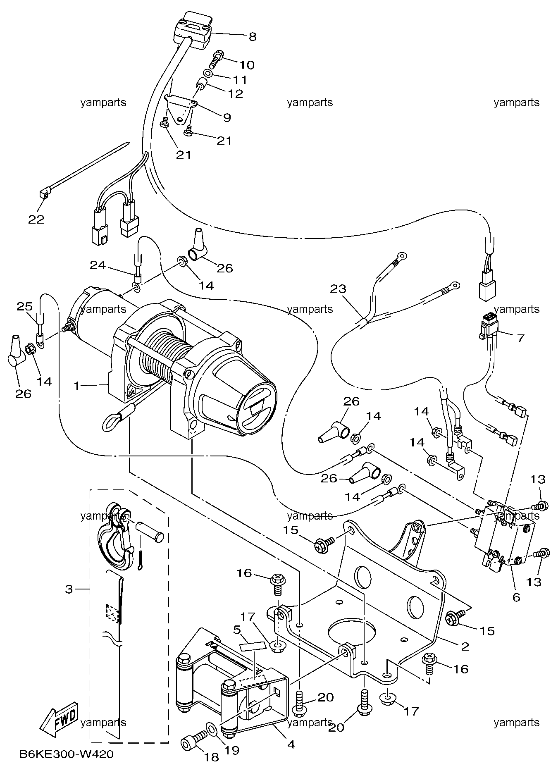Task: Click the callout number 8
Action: [x=252, y=37]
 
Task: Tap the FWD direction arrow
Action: [x=59, y=719]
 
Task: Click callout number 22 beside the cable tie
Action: [x=36, y=219]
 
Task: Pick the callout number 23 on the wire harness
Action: [x=338, y=289]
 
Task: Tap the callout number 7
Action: [x=520, y=338]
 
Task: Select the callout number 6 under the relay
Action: [x=516, y=597]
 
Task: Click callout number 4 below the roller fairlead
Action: [x=291, y=744]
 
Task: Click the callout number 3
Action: [x=69, y=589]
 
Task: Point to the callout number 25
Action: [x=24, y=307]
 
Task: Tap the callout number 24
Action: [x=98, y=265]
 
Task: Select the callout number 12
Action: [x=236, y=94]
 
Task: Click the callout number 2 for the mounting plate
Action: [x=465, y=647]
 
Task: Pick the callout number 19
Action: [x=232, y=750]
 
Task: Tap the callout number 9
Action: [x=227, y=117]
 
